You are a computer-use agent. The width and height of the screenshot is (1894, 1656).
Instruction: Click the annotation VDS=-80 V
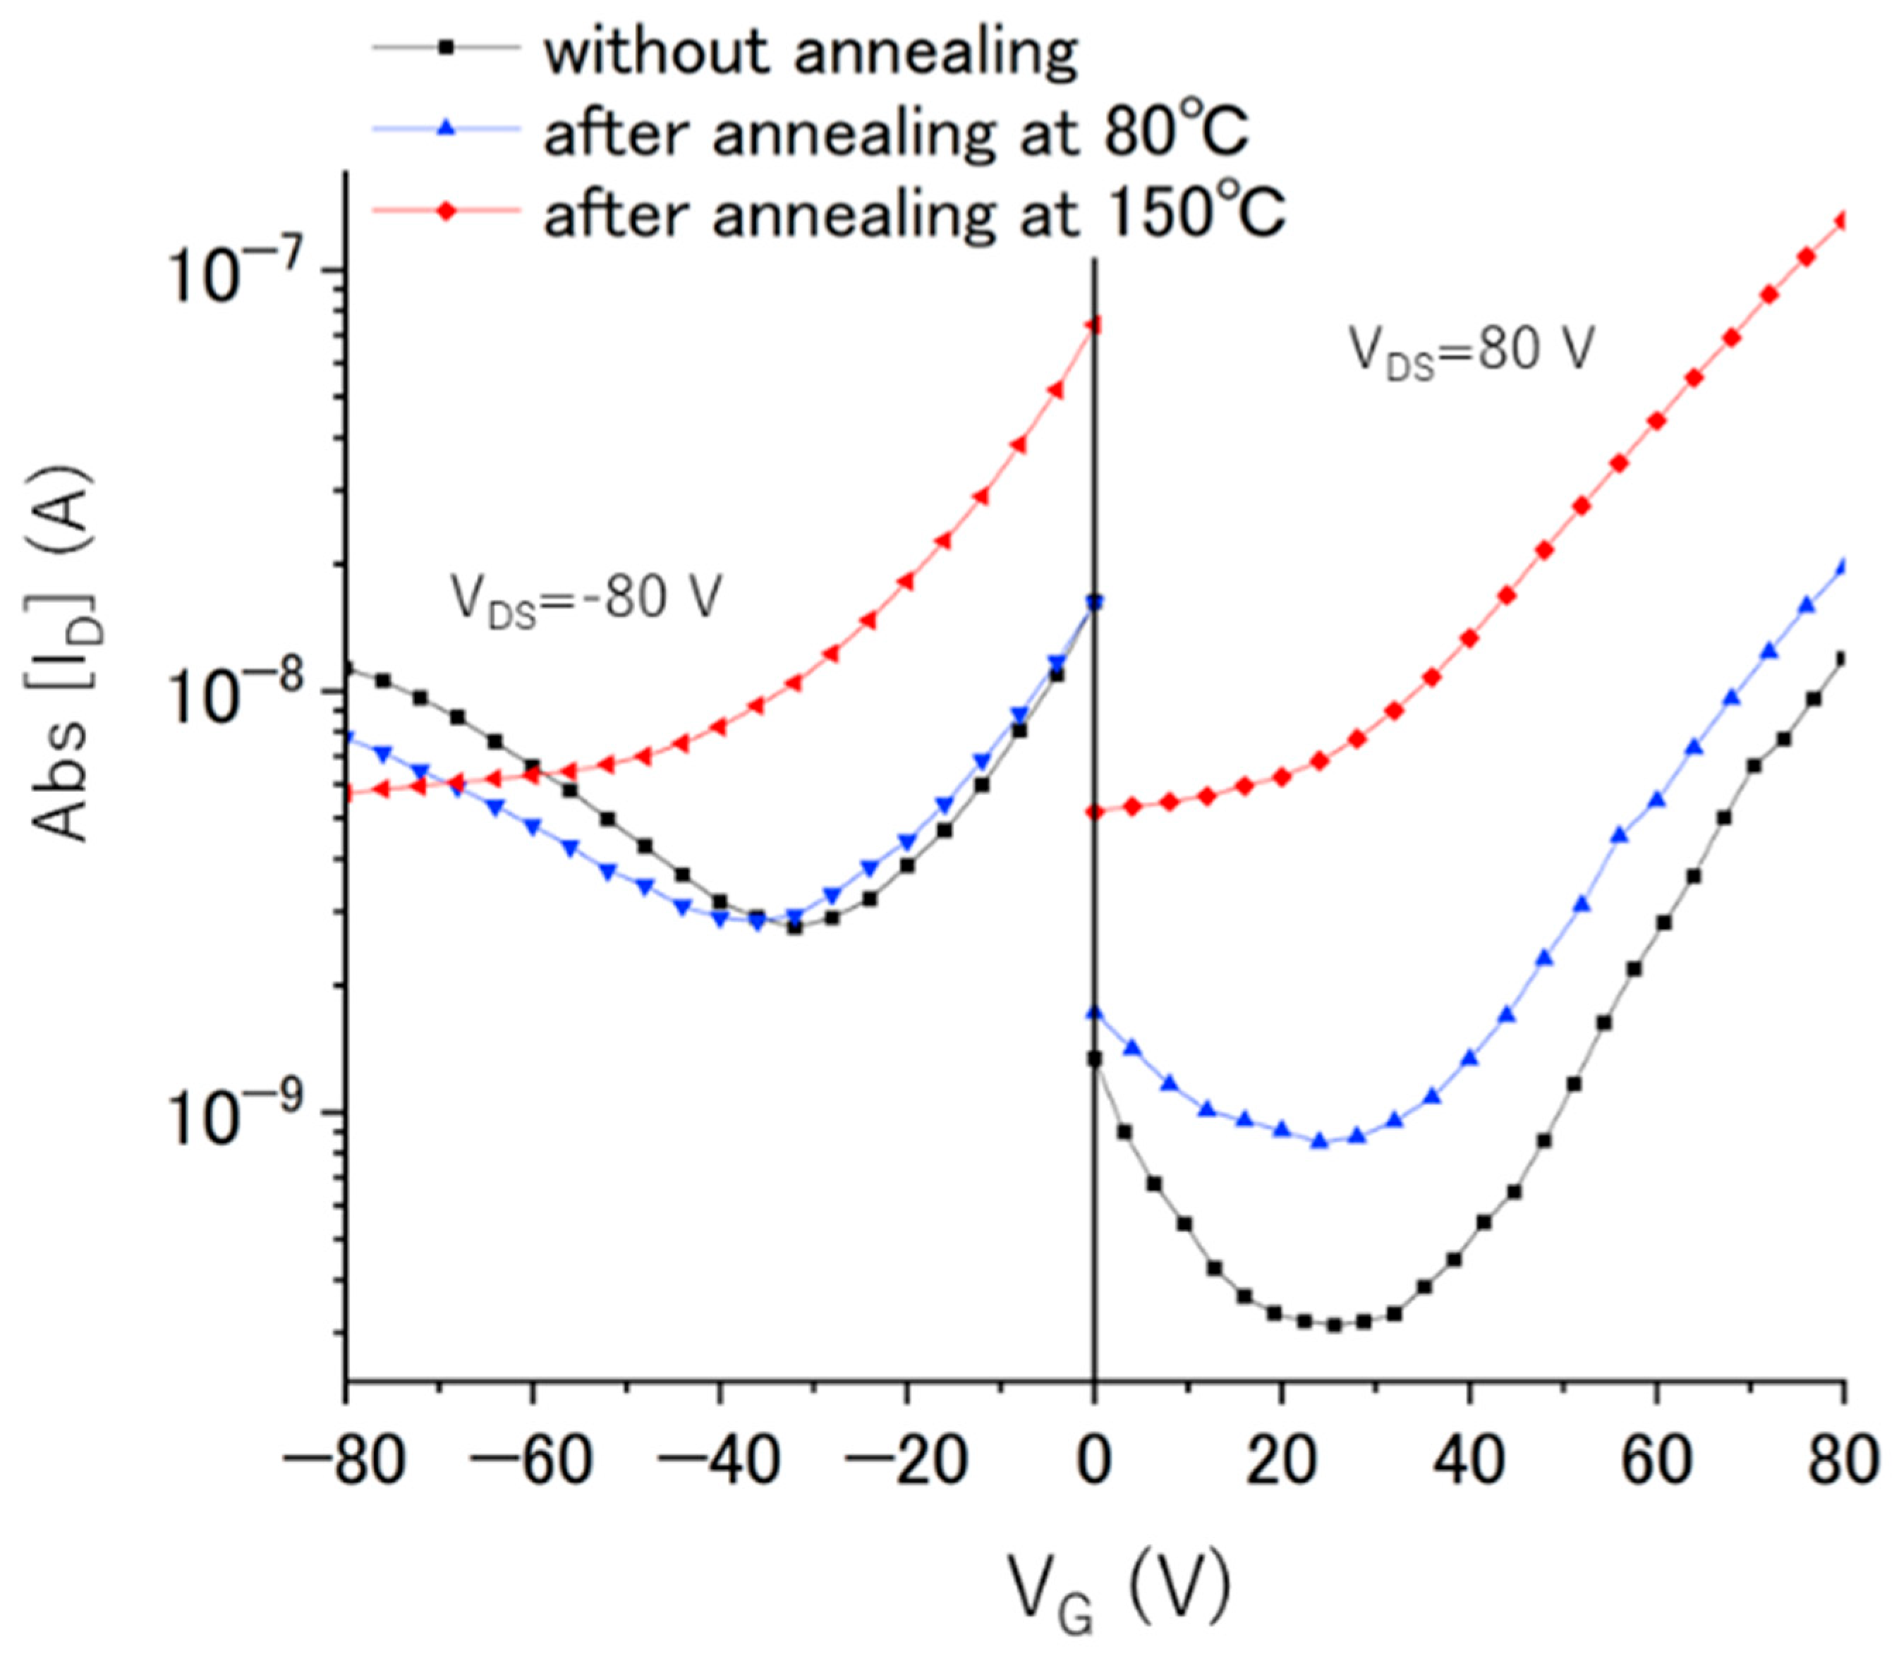(x=584, y=599)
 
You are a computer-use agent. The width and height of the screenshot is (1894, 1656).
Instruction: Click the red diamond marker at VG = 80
(x=1843, y=220)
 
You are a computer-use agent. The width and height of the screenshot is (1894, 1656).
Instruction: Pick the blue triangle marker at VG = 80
(x=1843, y=566)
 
